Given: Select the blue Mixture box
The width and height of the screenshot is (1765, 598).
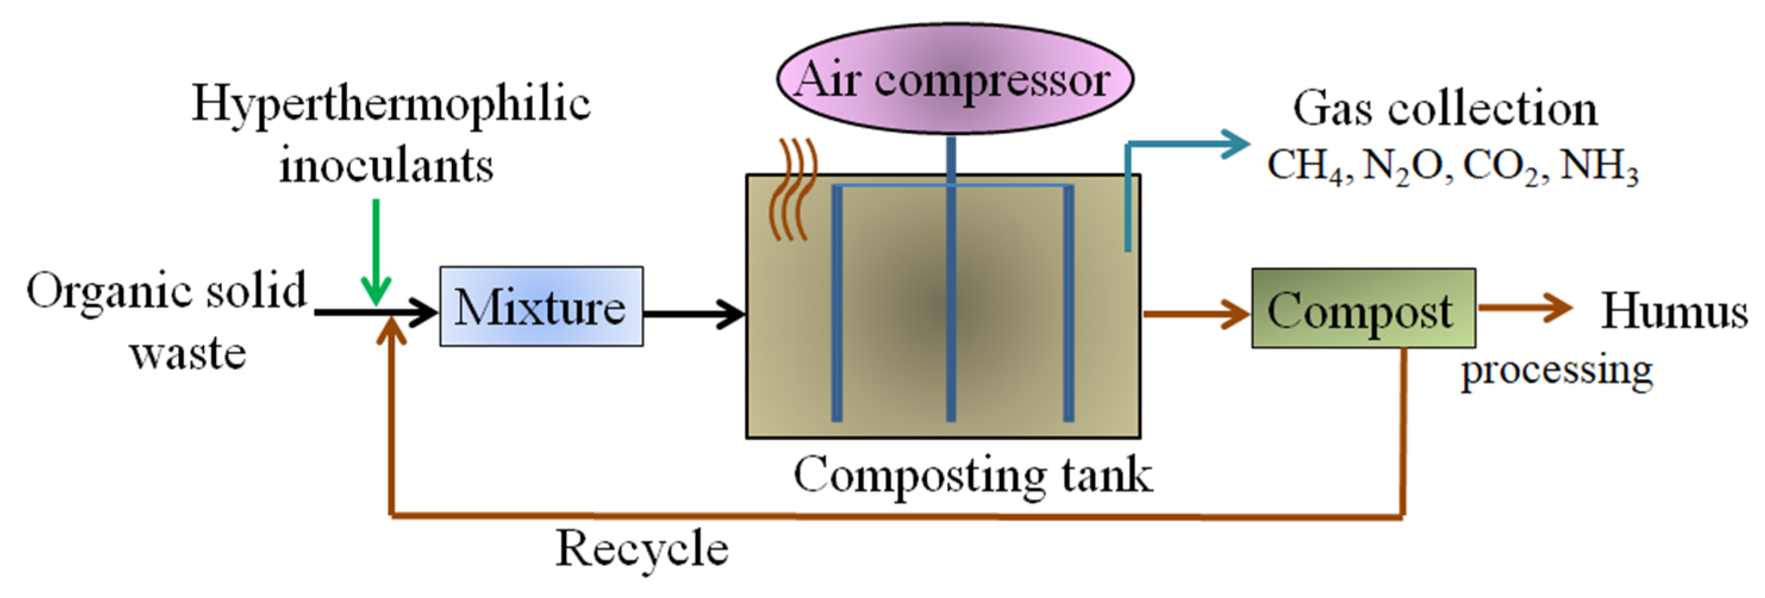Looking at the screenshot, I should [x=541, y=307].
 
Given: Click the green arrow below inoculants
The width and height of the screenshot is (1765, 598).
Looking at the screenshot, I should [x=376, y=253].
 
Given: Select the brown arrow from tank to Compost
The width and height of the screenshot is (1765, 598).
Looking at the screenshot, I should [x=1196, y=314].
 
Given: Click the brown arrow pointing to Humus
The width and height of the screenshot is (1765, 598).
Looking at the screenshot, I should [x=1524, y=308].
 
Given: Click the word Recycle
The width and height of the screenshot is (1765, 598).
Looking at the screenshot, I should [x=642, y=549].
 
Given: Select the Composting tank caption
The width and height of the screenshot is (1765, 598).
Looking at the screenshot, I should [x=973, y=475].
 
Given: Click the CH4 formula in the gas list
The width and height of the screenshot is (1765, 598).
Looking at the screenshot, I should [x=1306, y=167].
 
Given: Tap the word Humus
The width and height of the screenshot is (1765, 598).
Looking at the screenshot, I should [x=1674, y=312].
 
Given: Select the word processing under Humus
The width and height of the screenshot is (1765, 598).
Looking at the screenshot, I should [x=1557, y=371].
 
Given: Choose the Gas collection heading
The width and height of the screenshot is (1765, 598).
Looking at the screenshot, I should [x=1444, y=109].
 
